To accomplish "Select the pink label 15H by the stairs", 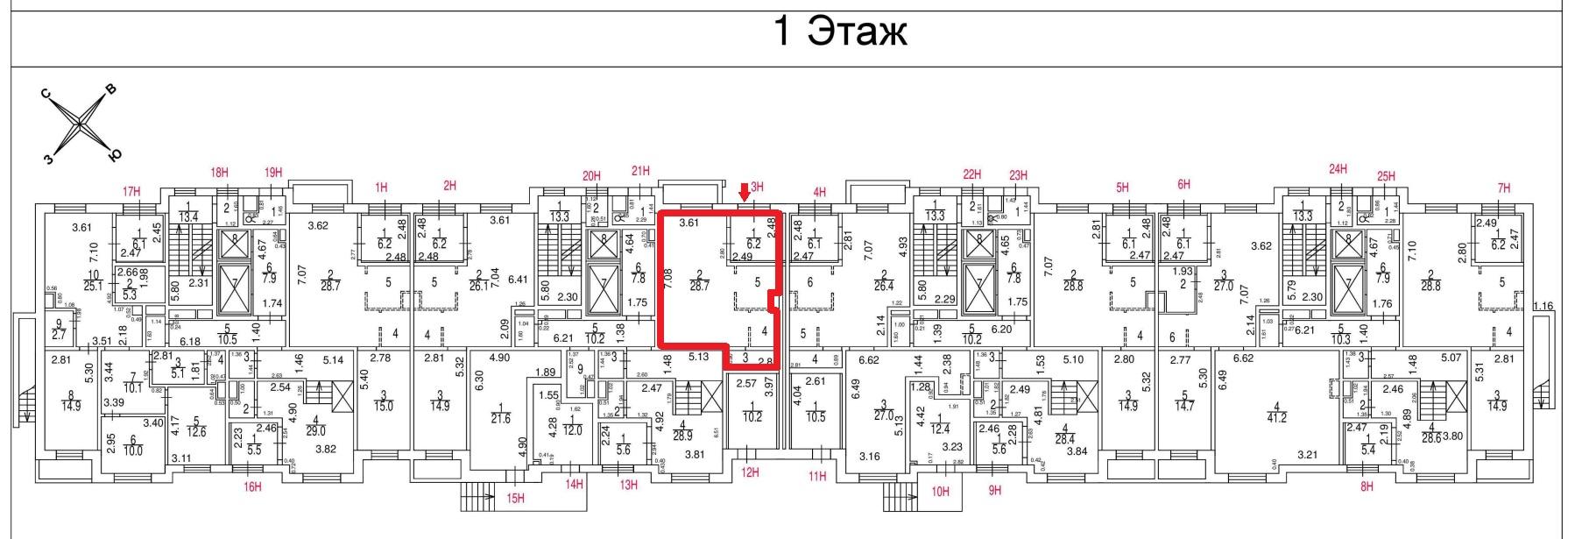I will (515, 499).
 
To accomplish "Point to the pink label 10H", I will (940, 492).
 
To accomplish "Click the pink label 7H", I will (1504, 188).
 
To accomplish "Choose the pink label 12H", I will (750, 473).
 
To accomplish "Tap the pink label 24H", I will (1338, 169).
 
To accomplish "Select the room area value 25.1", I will (92, 285).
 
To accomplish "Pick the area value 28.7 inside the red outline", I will (698, 287).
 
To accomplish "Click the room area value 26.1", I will (478, 286).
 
